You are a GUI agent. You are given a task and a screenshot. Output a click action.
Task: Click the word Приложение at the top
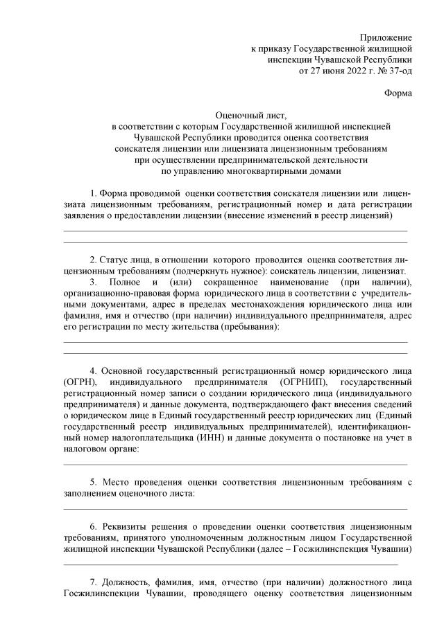pyautogui.click(x=386, y=37)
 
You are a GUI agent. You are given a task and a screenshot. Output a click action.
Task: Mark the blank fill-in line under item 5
pyautogui.click(x=236, y=508)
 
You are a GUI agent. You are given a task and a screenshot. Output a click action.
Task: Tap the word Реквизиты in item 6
pyautogui.click(x=128, y=526)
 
